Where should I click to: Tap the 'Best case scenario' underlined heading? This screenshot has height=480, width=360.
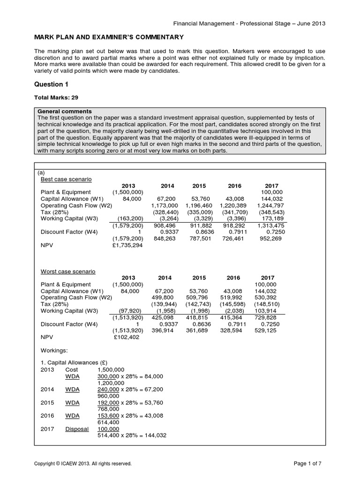pyautogui.click(x=66, y=179)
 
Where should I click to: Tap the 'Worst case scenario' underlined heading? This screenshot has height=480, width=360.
pyautogui.click(x=68, y=271)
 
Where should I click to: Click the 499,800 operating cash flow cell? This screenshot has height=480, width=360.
pyautogui.click(x=166, y=297)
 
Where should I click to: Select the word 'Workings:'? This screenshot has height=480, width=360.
pyautogui.click(x=54, y=349)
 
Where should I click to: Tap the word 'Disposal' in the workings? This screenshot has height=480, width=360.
pyautogui.click(x=77, y=428)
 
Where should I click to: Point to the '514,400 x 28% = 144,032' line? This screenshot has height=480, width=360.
pyautogui.click(x=132, y=435)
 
